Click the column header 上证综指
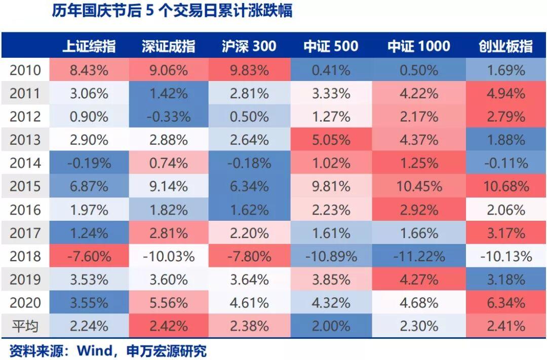[89, 47]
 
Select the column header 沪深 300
[249, 47]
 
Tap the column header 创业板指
[505, 47]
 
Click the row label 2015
[25, 186]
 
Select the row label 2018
[25, 256]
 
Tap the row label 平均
[25, 326]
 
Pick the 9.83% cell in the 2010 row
[249, 70]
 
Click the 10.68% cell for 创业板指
[505, 186]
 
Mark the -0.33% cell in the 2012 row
[169, 116]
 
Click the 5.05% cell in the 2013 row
[331, 140]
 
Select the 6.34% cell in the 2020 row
[505, 303]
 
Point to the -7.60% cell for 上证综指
[89, 256]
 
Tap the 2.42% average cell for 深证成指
[169, 326]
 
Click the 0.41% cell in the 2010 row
[331, 70]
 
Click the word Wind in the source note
[94, 350]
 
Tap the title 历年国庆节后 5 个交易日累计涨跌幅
[172, 11]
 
